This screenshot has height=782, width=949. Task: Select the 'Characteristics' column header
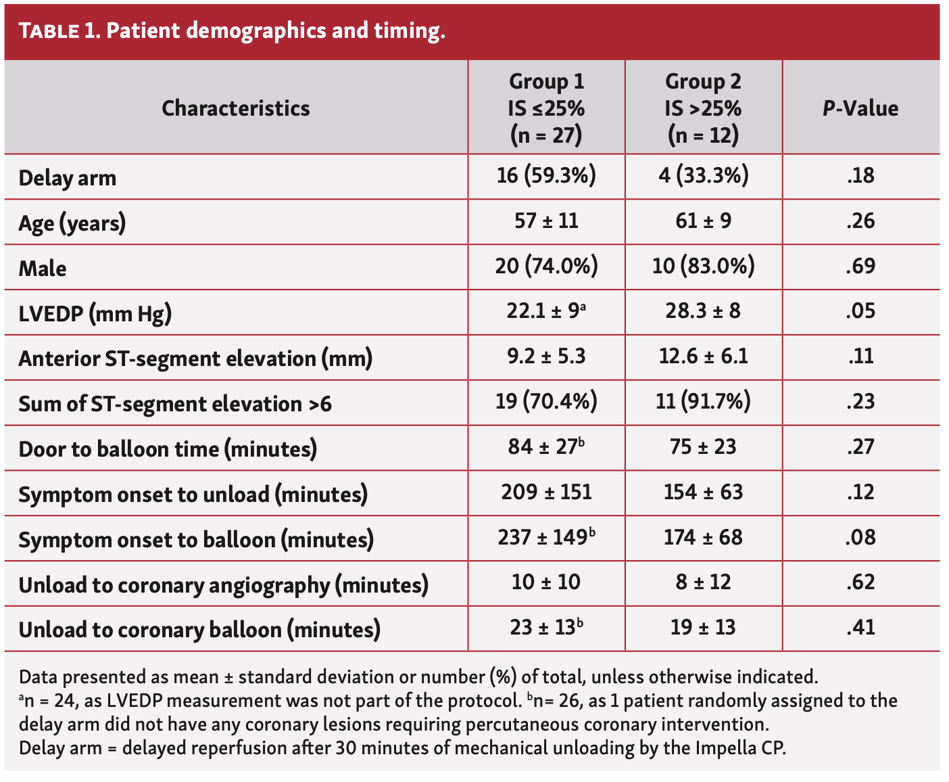(x=235, y=108)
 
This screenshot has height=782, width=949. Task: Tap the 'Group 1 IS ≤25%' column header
(x=546, y=108)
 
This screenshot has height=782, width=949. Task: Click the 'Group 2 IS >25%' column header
(x=703, y=108)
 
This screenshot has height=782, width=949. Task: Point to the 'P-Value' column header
(x=860, y=108)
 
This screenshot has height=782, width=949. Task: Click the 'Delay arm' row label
(x=68, y=178)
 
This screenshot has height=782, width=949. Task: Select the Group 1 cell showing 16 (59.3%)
(x=546, y=176)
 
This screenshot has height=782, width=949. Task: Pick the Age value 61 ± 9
(x=703, y=221)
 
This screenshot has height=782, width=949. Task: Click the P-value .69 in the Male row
(x=860, y=267)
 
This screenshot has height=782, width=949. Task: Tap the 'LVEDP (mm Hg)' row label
(x=95, y=314)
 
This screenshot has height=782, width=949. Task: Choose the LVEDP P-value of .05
(x=860, y=311)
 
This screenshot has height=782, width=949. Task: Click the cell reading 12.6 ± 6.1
(x=703, y=356)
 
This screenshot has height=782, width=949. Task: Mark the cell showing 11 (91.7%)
(x=703, y=402)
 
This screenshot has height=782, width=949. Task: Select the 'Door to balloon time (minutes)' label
(x=168, y=449)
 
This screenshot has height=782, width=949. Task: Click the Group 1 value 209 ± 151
(x=546, y=492)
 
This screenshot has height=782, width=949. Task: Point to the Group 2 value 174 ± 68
(x=703, y=538)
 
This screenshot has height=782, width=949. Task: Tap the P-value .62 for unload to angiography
(x=860, y=582)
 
